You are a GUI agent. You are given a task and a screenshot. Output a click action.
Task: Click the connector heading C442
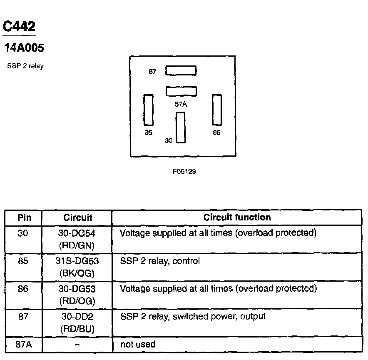(x=19, y=27)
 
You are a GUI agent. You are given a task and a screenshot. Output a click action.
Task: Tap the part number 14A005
(x=24, y=48)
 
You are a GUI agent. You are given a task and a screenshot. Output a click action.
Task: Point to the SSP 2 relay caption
(x=25, y=66)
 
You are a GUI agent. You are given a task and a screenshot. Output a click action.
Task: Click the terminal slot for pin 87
(x=181, y=71)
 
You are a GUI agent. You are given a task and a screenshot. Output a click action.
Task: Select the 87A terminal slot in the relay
(x=181, y=91)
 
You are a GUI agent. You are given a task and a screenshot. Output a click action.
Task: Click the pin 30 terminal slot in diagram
(x=180, y=127)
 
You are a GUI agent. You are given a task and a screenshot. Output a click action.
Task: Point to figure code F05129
(x=184, y=172)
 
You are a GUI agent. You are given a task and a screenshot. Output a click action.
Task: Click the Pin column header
(x=24, y=217)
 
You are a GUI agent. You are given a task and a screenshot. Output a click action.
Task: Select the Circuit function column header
(x=237, y=217)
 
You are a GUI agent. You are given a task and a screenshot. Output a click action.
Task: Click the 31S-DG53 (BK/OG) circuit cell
(x=77, y=267)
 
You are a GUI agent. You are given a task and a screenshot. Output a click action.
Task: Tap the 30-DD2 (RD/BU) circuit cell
(x=77, y=322)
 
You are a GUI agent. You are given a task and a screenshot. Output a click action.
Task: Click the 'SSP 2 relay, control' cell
(x=160, y=261)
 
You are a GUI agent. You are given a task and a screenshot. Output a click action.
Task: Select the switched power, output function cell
(x=193, y=317)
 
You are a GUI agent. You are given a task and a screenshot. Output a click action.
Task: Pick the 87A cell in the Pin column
(x=24, y=345)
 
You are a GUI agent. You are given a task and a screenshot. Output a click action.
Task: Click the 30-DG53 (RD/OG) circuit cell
(x=77, y=295)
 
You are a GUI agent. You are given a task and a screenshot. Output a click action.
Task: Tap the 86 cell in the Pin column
(x=24, y=289)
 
